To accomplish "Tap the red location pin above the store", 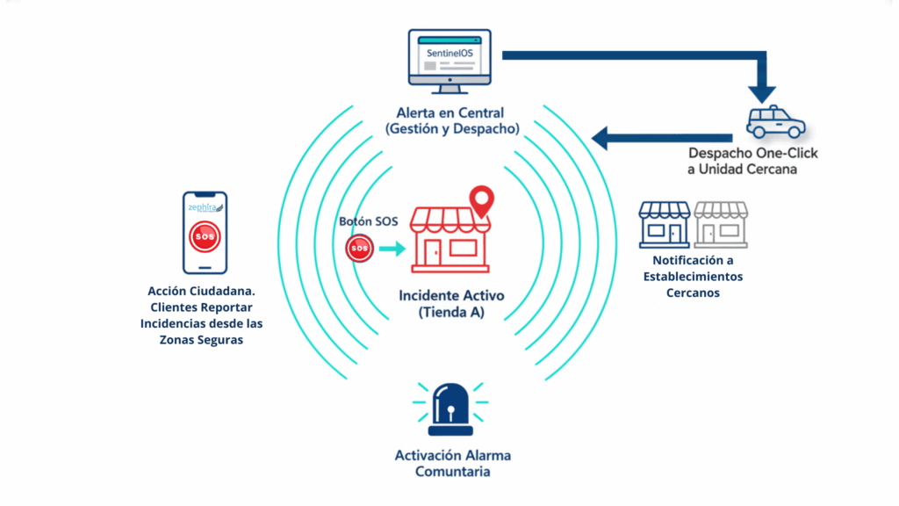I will [x=479, y=201].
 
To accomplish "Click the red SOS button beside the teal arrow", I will [x=360, y=249].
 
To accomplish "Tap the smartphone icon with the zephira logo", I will [x=205, y=233].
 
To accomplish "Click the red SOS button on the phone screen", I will [x=205, y=237].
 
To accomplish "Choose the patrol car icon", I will [x=775, y=123].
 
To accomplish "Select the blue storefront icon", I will [x=665, y=224].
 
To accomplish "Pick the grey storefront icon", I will [x=721, y=224].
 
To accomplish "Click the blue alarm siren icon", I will [x=449, y=409].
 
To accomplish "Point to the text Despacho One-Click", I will [x=753, y=153].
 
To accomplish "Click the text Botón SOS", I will [x=369, y=221].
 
